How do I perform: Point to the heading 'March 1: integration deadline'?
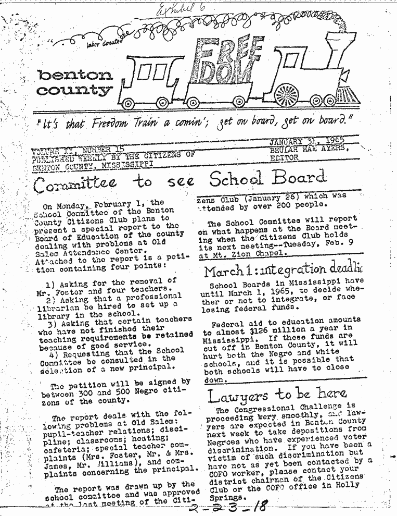pos(284,271)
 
